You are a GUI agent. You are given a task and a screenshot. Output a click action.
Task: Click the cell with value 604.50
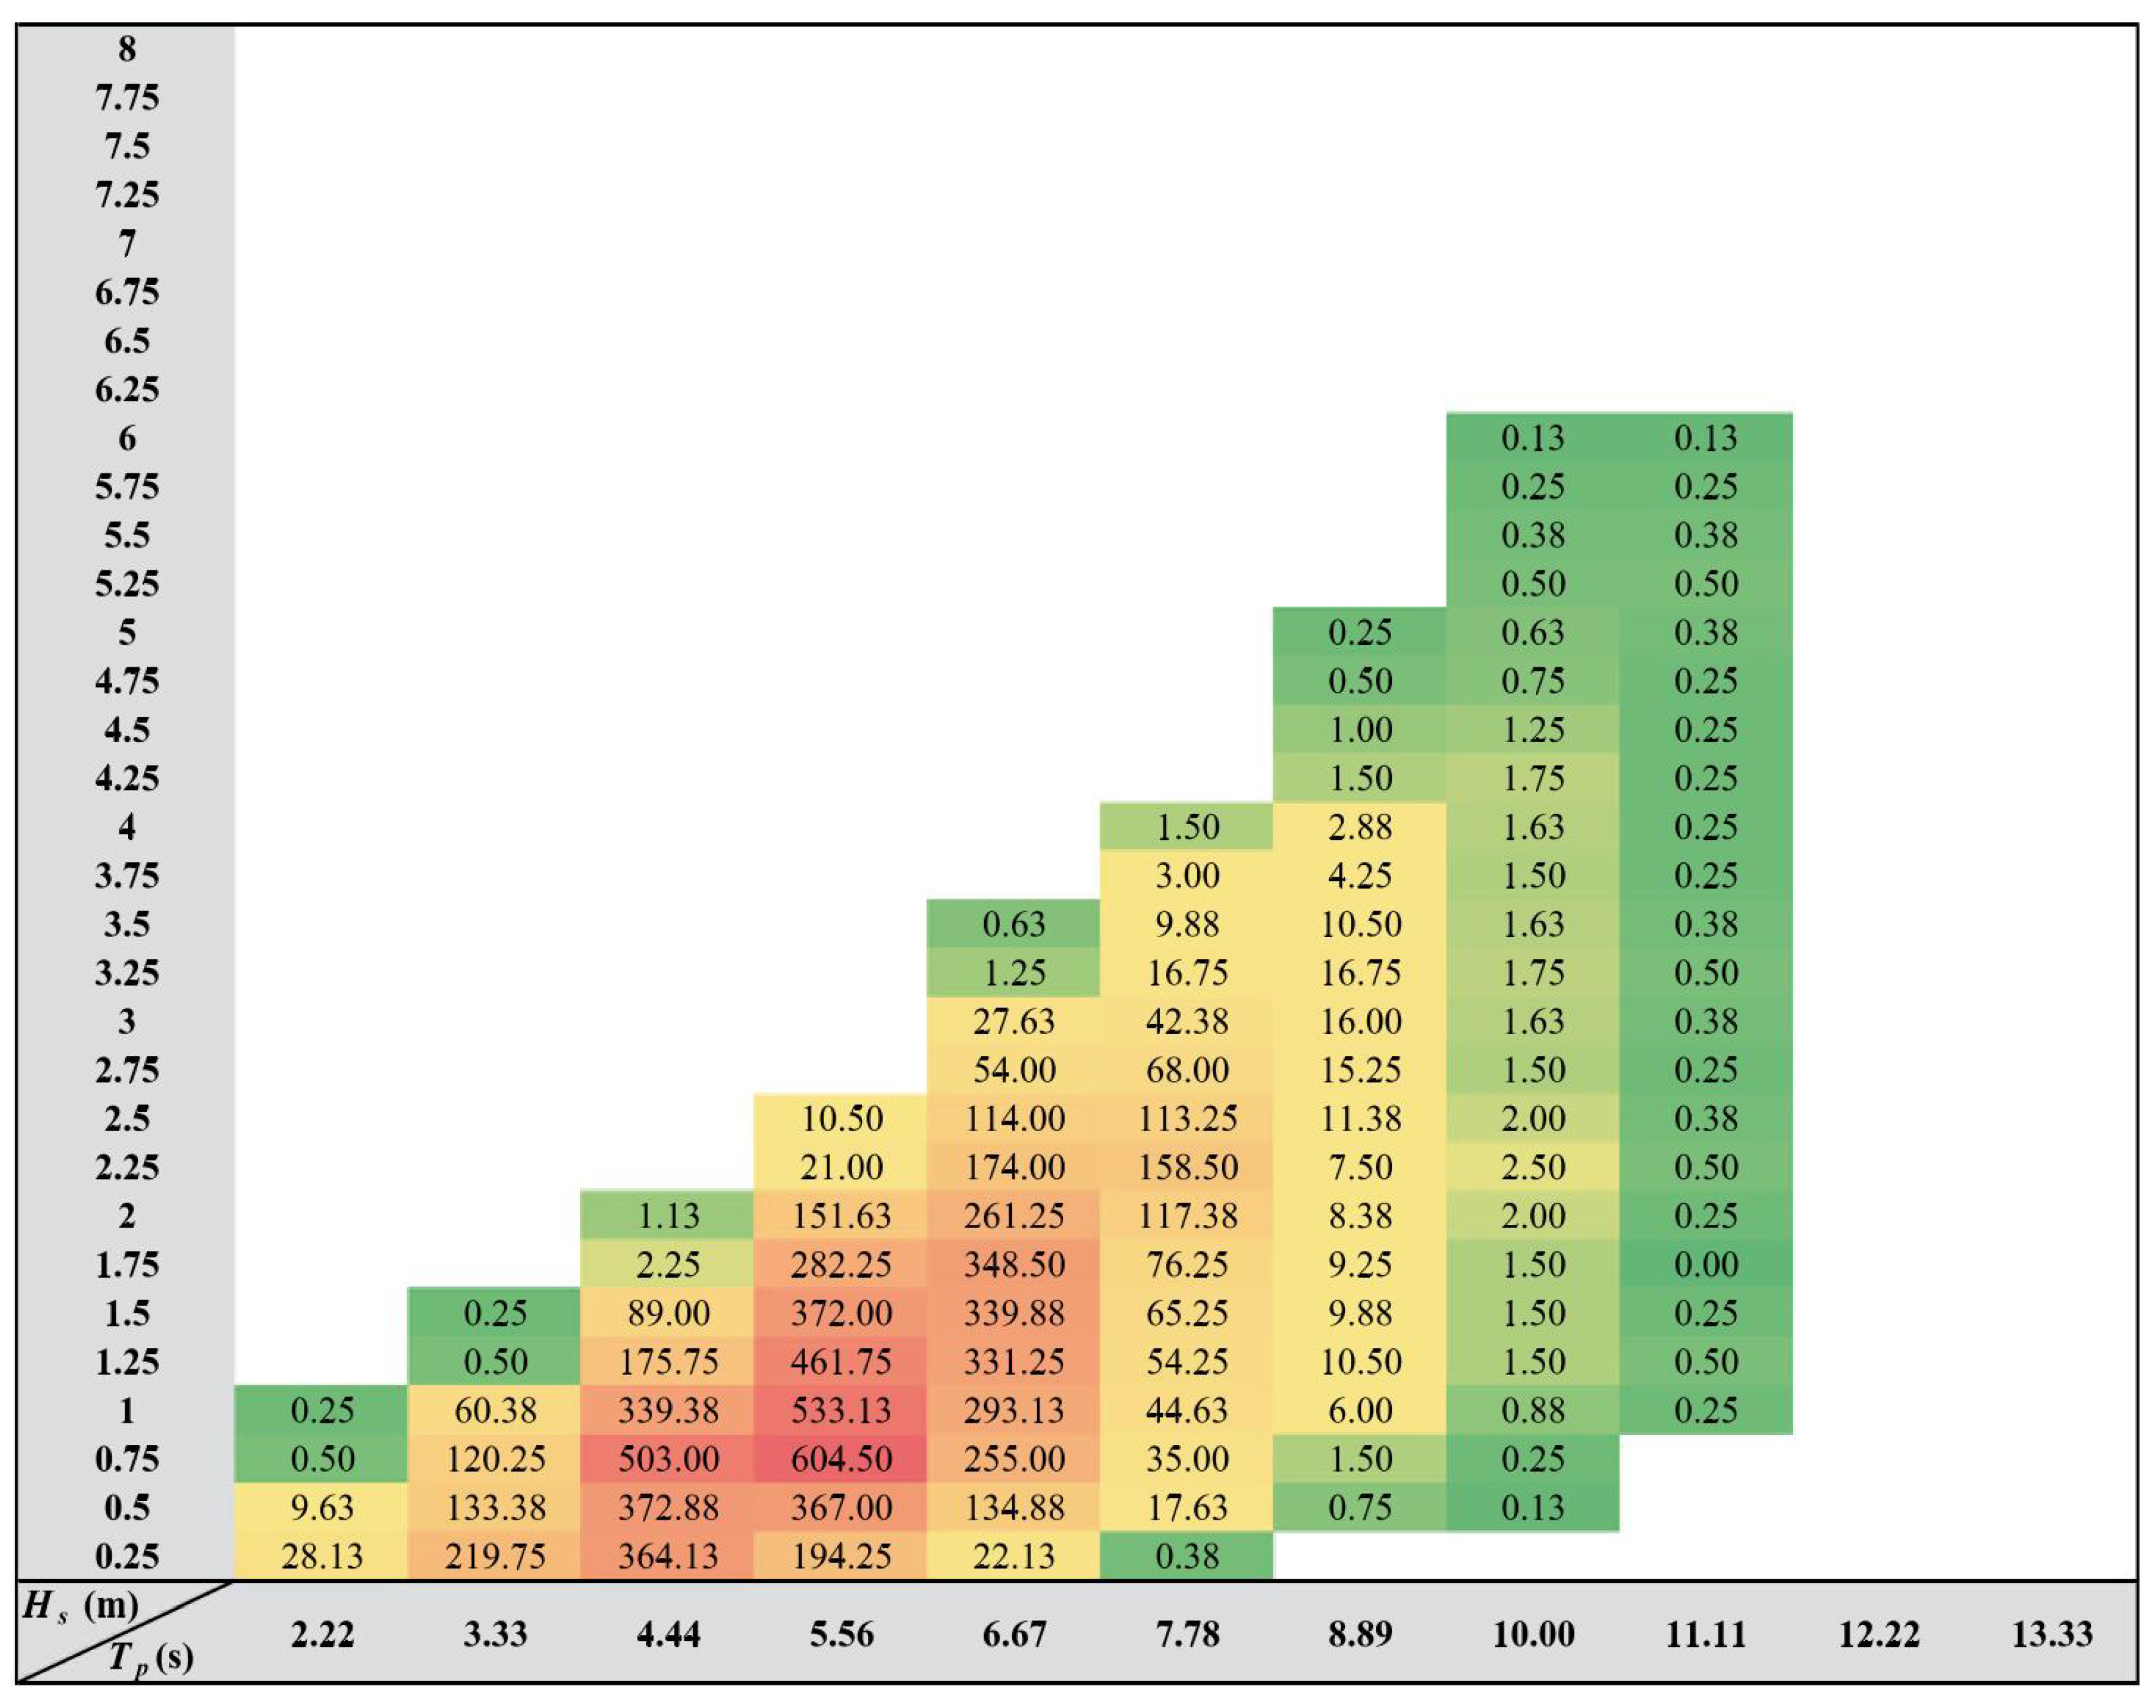841,1459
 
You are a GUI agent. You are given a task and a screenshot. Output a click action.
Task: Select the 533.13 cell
841,1410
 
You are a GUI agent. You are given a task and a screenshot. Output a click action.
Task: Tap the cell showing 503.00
667,1459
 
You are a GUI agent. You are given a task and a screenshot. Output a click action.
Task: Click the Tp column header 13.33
2051,1634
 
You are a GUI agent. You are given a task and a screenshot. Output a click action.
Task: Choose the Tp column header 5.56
841,1634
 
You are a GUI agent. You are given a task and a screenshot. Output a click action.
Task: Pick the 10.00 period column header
1532,1634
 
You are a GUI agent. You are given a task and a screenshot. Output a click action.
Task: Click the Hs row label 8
127,49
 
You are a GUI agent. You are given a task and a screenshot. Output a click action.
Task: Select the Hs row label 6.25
127,389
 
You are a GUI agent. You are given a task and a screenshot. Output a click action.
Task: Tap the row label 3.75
127,875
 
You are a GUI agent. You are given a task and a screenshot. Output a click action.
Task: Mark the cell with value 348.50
1014,1264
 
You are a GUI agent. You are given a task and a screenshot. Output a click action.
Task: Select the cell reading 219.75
495,1556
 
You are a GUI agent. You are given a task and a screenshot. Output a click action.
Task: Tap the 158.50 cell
1187,1166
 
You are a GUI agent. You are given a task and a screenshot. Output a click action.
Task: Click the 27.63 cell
1014,1021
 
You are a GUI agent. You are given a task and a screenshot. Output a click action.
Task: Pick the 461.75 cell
841,1361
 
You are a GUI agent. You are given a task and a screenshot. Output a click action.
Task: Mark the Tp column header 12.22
1878,1634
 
